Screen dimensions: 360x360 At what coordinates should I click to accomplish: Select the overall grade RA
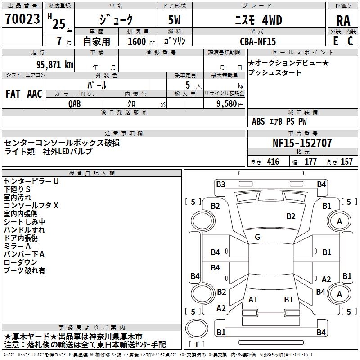(x=343, y=20)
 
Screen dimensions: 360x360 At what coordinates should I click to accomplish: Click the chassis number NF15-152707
(x=302, y=143)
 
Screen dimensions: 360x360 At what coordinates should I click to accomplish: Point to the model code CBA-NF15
(x=258, y=41)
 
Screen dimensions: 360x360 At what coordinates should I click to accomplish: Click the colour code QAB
(x=75, y=103)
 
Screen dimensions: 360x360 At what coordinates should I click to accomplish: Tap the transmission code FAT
(x=13, y=94)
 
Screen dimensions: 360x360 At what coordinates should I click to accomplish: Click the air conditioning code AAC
(x=35, y=94)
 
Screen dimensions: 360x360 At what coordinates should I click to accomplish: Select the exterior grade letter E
(x=335, y=40)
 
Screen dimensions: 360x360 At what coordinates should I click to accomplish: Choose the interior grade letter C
(x=351, y=40)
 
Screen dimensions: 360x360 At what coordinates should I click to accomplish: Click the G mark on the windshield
(x=257, y=237)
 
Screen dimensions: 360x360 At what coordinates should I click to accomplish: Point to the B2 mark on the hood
(x=291, y=216)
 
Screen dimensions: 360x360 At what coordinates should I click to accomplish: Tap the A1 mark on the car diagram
(x=253, y=299)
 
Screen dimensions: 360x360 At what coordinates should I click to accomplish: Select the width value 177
(x=310, y=162)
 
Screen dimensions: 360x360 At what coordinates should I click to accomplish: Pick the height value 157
(x=346, y=162)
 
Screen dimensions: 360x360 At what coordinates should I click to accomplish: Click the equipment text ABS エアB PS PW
(x=279, y=121)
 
